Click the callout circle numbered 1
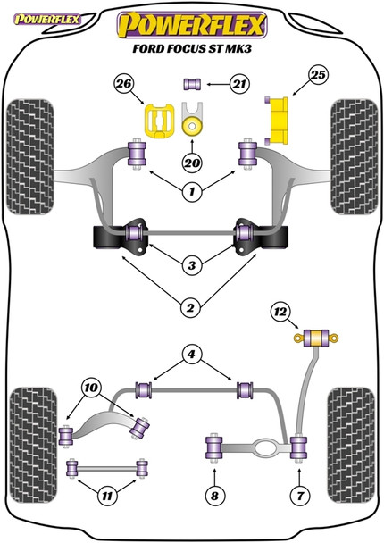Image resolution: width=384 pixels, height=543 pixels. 189,189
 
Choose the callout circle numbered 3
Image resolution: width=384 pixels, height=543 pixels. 189,264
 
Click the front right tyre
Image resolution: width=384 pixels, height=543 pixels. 352,142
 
